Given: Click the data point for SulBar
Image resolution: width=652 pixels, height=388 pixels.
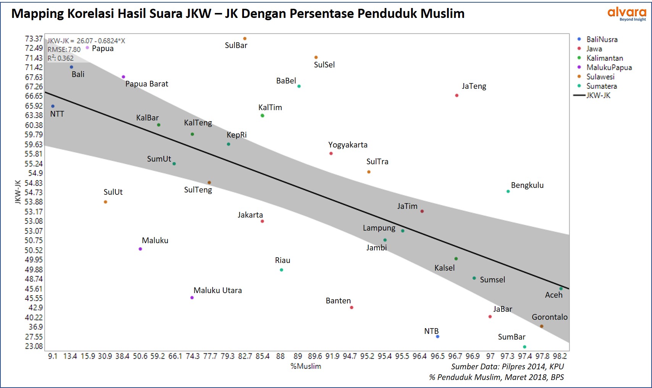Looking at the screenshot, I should (x=245, y=38).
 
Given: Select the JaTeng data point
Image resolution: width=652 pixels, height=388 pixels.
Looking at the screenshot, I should (x=457, y=95).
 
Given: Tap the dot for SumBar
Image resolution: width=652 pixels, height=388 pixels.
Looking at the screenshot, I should (x=525, y=347).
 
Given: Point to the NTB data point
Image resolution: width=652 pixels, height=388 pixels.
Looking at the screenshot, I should (x=437, y=337).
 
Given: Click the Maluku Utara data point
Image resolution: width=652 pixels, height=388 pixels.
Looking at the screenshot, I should (x=192, y=298).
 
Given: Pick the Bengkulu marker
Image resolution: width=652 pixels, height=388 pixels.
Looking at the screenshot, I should (x=508, y=191).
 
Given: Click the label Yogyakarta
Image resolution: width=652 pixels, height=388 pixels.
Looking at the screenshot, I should (x=348, y=145).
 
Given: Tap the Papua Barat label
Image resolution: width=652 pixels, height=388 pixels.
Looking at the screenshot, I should (x=147, y=84).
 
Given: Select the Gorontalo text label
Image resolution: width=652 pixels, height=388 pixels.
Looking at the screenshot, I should (x=549, y=317).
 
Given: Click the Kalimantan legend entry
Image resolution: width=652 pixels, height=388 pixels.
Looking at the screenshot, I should (x=605, y=58).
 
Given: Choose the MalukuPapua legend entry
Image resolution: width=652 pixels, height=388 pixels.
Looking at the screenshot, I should (x=609, y=67).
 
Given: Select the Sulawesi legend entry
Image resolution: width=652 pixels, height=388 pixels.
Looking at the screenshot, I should (x=600, y=77).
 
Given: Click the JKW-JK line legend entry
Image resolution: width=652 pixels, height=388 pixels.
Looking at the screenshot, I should (x=598, y=95).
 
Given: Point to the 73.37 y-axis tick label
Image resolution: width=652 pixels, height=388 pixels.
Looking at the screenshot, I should (x=34, y=38).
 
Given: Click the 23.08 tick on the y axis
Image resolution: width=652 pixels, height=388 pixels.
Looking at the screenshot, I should (x=34, y=346).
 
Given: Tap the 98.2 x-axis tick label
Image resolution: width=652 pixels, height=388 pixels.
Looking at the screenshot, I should (x=560, y=356).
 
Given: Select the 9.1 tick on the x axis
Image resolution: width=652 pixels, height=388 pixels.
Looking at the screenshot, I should (x=53, y=356).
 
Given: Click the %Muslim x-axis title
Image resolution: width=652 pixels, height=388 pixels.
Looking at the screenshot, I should (x=306, y=366).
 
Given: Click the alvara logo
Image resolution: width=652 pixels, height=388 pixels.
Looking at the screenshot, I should (x=626, y=14).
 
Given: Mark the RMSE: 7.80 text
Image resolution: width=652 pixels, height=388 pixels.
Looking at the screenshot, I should (x=64, y=50).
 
